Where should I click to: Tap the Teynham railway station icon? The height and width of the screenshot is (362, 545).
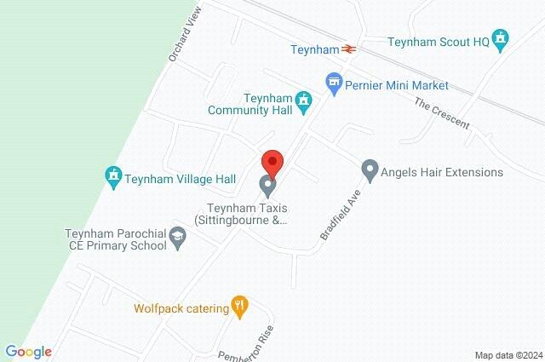pyautogui.click(x=349, y=49)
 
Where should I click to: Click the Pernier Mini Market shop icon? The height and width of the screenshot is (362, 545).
pyautogui.click(x=335, y=83)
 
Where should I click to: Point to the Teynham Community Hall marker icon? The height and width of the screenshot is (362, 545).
pyautogui.click(x=302, y=102)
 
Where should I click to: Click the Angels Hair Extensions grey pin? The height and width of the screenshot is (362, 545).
pyautogui.click(x=370, y=170)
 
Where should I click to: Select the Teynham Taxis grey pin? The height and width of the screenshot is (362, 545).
pyautogui.click(x=267, y=184)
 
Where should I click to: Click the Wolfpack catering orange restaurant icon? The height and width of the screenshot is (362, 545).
pyautogui.click(x=240, y=307)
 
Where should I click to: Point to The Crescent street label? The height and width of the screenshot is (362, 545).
pyautogui.click(x=442, y=113)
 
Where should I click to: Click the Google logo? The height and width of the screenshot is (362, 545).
pyautogui.click(x=28, y=352)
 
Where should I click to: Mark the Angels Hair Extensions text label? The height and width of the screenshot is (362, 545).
pyautogui.click(x=444, y=172)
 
